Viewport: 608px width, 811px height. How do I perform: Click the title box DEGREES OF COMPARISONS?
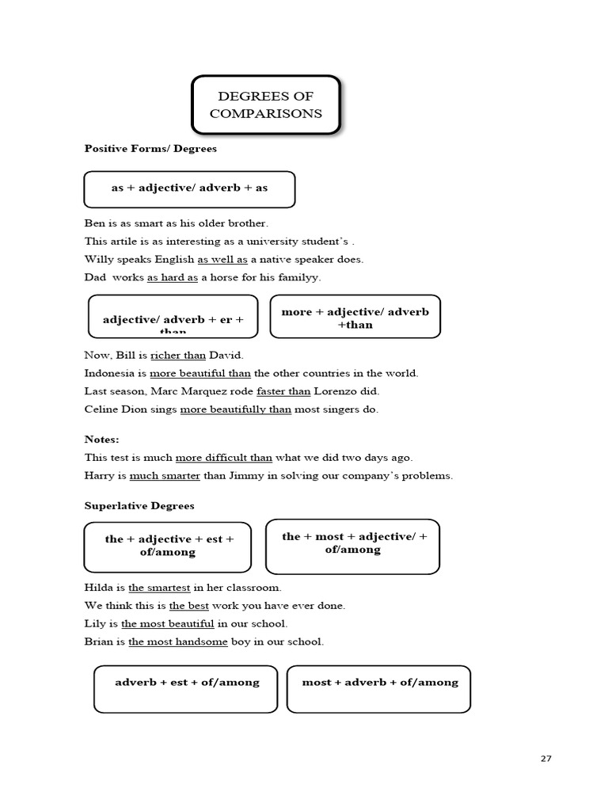click(265, 105)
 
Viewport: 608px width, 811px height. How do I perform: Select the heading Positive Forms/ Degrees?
click(150, 148)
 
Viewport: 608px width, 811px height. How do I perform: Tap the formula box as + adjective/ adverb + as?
click(189, 188)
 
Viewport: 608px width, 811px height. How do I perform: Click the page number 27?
click(546, 758)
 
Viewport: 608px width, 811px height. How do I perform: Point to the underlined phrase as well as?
click(222, 259)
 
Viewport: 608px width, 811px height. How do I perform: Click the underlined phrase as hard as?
click(172, 277)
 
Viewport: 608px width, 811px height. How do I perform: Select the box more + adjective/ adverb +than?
click(355, 317)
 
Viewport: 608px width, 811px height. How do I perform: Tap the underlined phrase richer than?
click(177, 355)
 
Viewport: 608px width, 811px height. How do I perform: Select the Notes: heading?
click(101, 439)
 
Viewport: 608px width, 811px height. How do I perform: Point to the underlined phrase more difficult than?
click(223, 457)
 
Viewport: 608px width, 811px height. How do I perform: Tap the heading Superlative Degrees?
click(139, 505)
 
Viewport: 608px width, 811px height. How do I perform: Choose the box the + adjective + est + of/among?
click(168, 546)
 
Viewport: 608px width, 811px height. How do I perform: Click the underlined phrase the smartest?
click(159, 588)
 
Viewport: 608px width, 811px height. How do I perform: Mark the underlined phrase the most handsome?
click(177, 642)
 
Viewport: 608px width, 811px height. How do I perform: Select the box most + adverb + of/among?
click(380, 688)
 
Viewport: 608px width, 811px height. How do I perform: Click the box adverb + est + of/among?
click(187, 688)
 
